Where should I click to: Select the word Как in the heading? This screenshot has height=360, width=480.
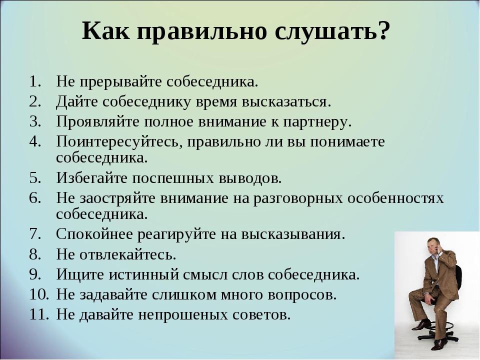tap(105, 30)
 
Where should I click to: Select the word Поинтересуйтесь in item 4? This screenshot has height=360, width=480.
tap(119, 142)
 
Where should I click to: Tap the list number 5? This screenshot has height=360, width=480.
tap(35, 178)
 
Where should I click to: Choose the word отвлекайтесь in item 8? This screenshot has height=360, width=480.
tap(127, 254)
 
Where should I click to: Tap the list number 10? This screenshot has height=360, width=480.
tap(39, 294)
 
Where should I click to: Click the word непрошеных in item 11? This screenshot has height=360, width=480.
tap(183, 315)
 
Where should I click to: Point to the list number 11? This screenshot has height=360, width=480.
tap(39, 314)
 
